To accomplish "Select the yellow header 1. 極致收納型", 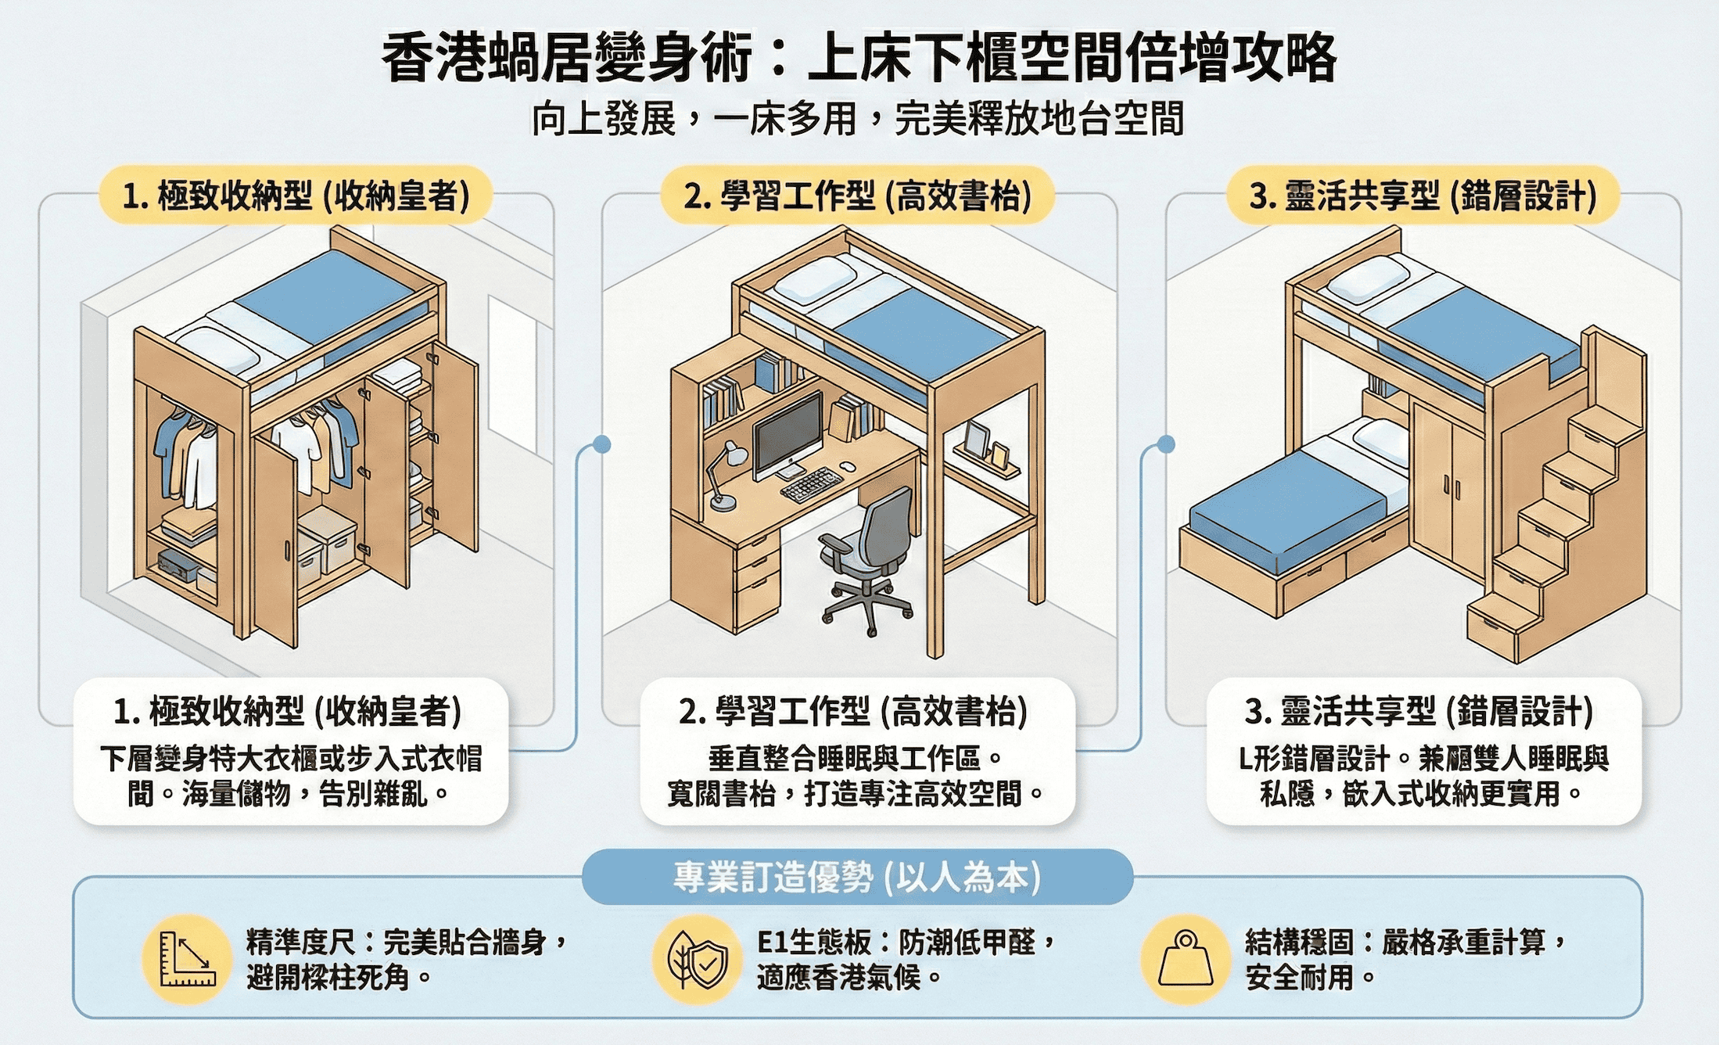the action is click(x=296, y=196).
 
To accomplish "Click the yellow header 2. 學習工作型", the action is click(x=857, y=196).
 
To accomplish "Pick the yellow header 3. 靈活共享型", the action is click(x=1423, y=196).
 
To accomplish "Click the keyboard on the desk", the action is click(x=812, y=485).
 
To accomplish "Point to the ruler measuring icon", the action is click(x=187, y=959).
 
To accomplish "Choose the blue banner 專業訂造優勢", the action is click(x=857, y=877).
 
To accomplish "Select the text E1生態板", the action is click(x=814, y=943).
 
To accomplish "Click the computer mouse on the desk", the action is click(x=847, y=467).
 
